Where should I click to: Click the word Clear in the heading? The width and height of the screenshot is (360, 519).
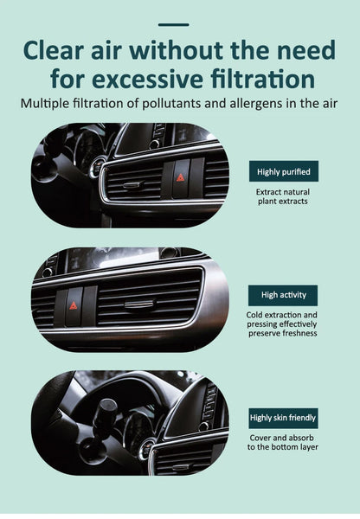click(58, 51)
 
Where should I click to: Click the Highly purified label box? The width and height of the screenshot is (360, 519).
click(283, 171)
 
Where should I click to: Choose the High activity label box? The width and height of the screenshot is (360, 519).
click(283, 295)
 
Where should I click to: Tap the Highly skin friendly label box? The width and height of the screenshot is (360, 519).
click(283, 418)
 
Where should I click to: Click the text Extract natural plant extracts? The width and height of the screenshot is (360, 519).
click(283, 195)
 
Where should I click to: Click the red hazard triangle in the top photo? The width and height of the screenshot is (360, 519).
click(181, 176)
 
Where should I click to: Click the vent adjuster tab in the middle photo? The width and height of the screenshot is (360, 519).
click(138, 304)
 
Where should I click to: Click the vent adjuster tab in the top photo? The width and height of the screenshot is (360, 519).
click(132, 184)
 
